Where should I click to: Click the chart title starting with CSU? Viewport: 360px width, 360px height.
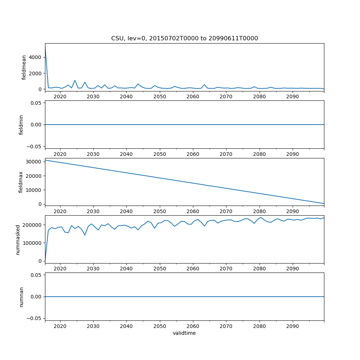(x=184, y=39)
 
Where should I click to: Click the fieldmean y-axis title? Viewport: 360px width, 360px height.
(x=24, y=67)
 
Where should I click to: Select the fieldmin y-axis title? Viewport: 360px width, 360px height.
(x=21, y=124)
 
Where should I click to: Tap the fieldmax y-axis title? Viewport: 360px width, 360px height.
(x=21, y=182)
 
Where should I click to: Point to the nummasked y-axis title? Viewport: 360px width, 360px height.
(x=18, y=239)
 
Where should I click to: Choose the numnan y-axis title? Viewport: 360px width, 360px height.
(x=21, y=296)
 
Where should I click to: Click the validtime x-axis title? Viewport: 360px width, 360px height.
(x=184, y=333)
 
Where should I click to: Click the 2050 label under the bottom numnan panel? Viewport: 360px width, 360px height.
(x=159, y=326)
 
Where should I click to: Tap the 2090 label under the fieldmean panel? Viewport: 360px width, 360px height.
(x=292, y=97)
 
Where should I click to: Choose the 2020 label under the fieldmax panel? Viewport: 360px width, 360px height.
(x=60, y=211)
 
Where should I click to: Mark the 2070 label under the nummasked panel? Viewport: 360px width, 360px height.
(x=226, y=269)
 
